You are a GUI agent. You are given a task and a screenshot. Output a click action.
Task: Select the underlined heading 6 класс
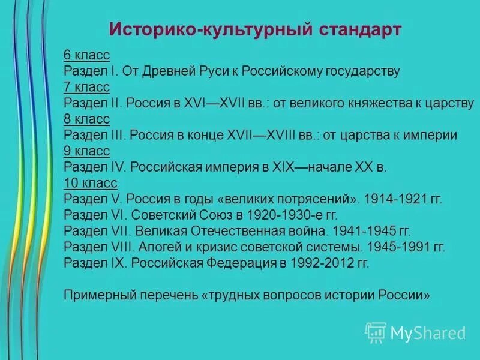(x=86, y=56)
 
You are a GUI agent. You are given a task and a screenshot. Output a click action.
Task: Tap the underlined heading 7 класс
(x=86, y=88)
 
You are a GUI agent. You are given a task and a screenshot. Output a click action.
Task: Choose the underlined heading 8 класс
(x=86, y=119)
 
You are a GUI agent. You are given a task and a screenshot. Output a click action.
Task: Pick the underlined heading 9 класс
(x=86, y=151)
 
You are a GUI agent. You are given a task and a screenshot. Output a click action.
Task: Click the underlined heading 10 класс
(x=90, y=183)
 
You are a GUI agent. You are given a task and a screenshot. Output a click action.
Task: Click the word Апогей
(x=158, y=247)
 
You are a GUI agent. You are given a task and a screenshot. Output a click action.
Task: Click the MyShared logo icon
(x=376, y=332)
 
